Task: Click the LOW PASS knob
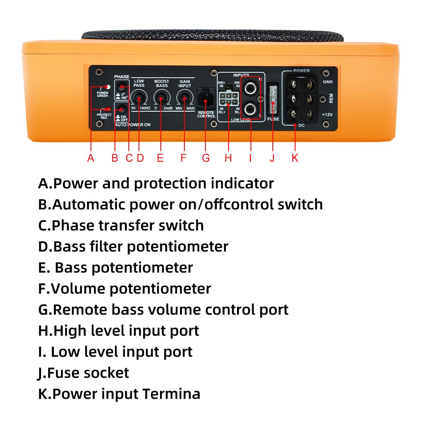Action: [x=138, y=99]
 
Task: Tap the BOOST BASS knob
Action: [x=160, y=99]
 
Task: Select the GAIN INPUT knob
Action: [x=184, y=99]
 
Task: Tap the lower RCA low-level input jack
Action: [x=251, y=109]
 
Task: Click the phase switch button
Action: [x=122, y=87]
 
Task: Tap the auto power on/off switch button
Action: [x=122, y=109]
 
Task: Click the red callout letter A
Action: [x=91, y=158]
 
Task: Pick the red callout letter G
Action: [x=205, y=158]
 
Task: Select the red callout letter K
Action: [x=295, y=158]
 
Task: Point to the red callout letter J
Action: [x=272, y=158]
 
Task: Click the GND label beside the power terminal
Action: [x=328, y=82]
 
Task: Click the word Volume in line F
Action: [x=78, y=289]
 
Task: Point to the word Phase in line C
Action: [x=73, y=226]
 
